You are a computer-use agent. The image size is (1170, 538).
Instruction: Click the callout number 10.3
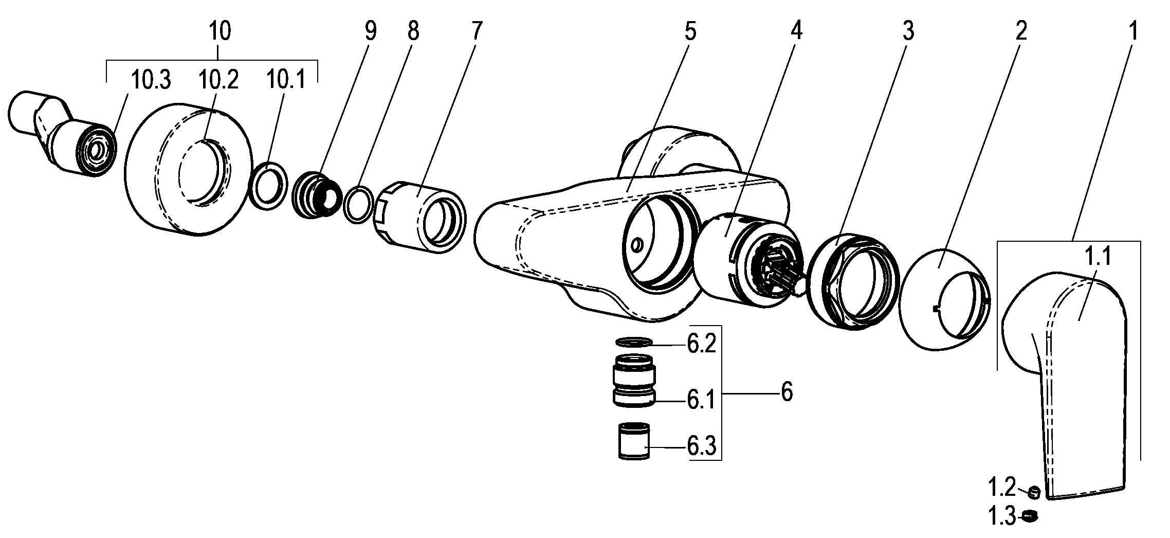coord(150,81)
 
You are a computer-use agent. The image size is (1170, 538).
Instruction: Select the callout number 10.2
coord(218,81)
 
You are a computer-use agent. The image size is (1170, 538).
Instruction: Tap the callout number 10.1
coord(285,81)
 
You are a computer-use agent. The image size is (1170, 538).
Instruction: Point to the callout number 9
coord(370,32)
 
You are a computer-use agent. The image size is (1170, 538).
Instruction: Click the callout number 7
coord(476,32)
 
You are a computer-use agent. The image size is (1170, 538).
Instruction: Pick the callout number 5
coord(690,32)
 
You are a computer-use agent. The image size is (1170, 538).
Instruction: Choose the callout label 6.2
coord(701,345)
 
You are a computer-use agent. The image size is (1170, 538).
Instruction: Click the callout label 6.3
coord(701,447)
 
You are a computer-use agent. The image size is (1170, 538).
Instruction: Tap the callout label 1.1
coord(1098,256)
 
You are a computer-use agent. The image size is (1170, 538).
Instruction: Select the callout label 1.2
coord(1001,487)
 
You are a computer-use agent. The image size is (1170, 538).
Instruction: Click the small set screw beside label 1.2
coord(1034,492)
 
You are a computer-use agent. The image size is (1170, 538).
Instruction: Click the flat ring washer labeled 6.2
coord(634,342)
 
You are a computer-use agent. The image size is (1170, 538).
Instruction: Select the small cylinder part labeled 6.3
coord(634,441)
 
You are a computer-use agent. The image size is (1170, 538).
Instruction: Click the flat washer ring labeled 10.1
coord(268,185)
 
